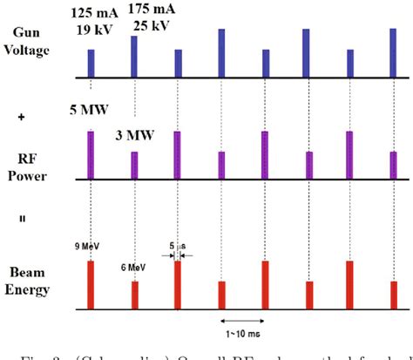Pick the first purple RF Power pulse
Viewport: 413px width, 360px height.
pyautogui.click(x=91, y=153)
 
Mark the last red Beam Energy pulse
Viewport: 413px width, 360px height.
pyautogui.click(x=391, y=295)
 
